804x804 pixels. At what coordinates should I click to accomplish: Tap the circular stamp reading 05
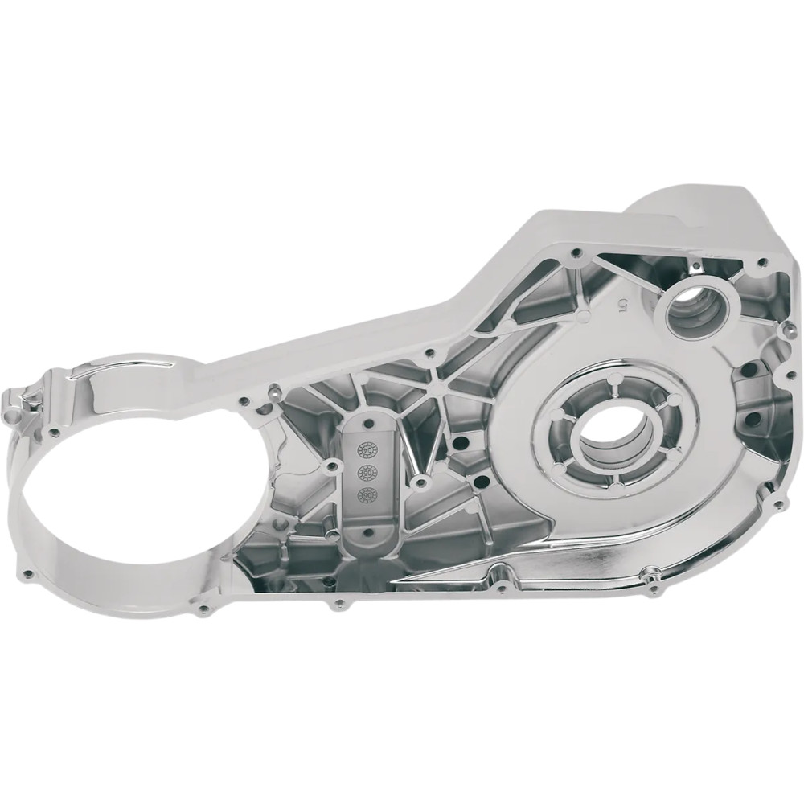[x=372, y=470]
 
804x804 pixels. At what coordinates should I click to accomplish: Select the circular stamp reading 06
[x=372, y=494]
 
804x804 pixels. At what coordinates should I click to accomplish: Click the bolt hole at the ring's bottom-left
[x=30, y=574]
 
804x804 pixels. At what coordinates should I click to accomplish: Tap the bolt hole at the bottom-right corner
[x=777, y=505]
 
